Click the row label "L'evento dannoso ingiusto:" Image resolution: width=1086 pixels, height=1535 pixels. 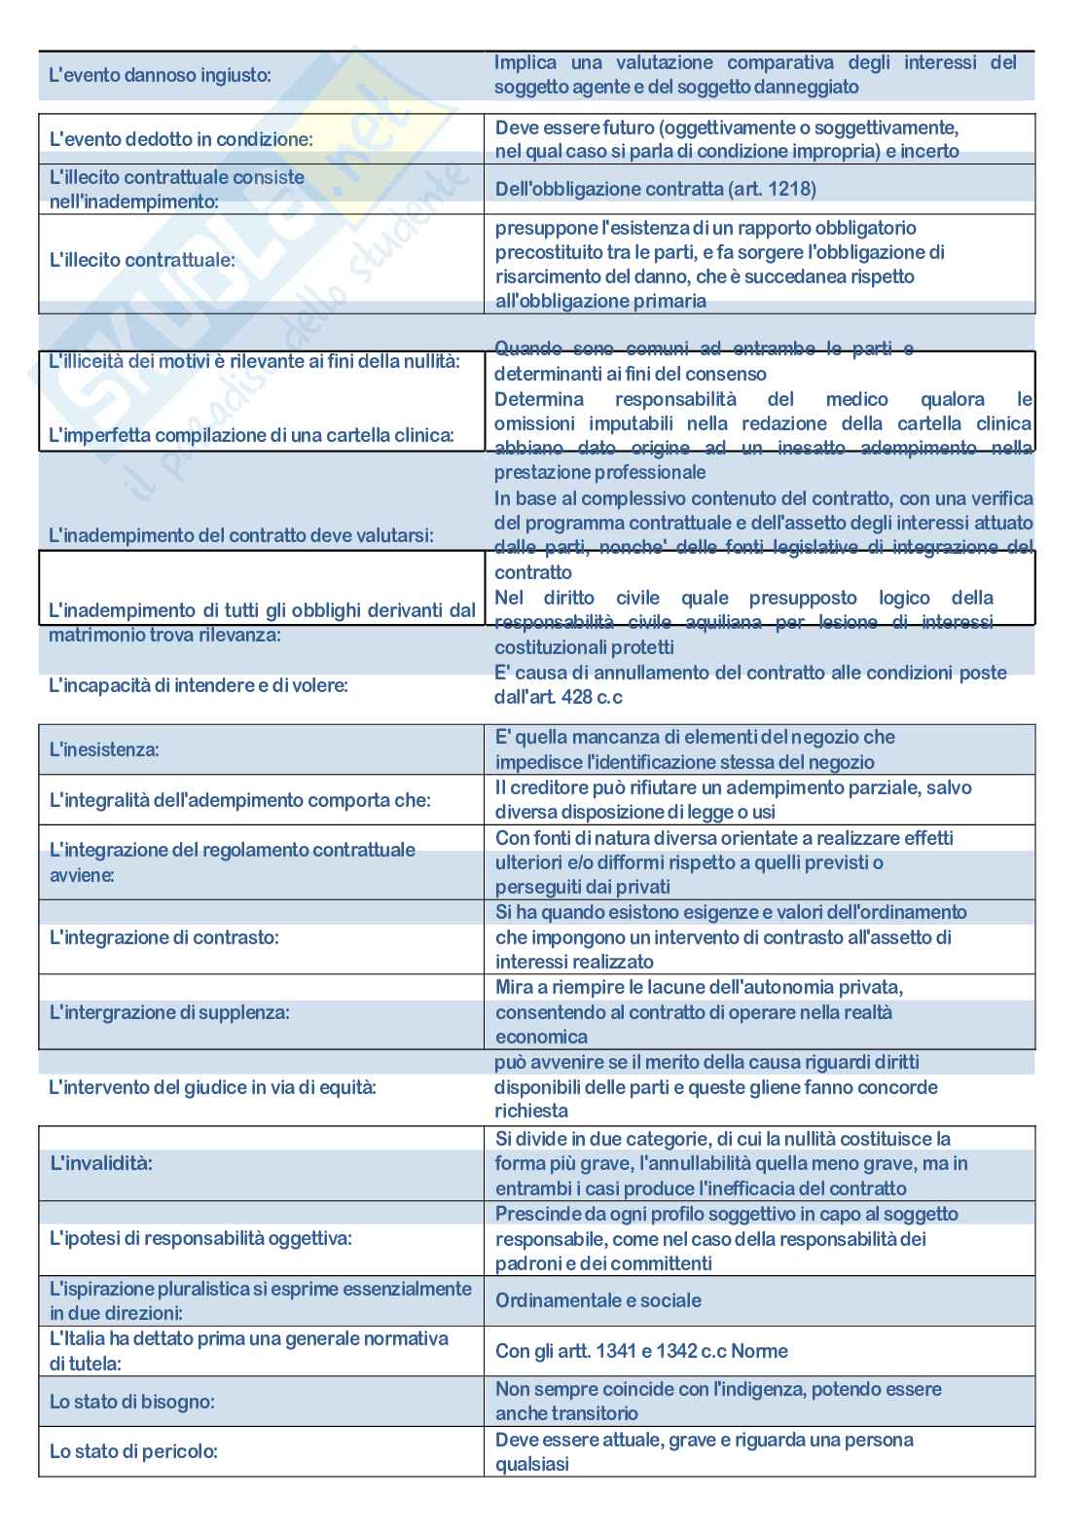[x=160, y=75]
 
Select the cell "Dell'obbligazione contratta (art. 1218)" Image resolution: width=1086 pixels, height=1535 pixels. [x=655, y=189]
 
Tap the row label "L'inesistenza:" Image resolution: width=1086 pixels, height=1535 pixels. [x=104, y=749]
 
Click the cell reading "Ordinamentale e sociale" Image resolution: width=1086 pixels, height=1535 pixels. [x=597, y=1300]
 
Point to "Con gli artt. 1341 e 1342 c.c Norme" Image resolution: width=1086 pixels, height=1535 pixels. [x=641, y=1351]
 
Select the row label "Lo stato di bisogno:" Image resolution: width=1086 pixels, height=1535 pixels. [x=131, y=1402]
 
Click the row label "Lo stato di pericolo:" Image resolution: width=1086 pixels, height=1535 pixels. [x=133, y=1451]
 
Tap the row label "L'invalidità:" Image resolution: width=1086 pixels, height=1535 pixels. [x=101, y=1163]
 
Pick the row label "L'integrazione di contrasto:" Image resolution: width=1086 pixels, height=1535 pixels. [x=163, y=937]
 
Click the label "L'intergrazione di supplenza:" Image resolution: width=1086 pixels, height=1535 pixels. [x=169, y=1012]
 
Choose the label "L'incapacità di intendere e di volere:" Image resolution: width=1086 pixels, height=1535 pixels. [x=199, y=685]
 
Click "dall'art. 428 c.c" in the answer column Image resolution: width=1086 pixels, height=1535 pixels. [x=558, y=697]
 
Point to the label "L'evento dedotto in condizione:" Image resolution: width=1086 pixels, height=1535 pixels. [x=181, y=139]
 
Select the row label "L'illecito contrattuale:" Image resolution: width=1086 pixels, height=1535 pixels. [x=142, y=260]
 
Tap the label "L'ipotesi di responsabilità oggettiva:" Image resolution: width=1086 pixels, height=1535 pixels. [x=200, y=1238]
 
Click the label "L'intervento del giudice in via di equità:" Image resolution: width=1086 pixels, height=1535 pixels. [x=212, y=1087]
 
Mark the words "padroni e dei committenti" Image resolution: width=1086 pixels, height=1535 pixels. [x=603, y=1263]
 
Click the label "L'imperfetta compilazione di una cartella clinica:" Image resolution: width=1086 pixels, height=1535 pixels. [x=251, y=435]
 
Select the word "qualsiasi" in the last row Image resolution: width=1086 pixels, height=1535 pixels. [x=531, y=1464]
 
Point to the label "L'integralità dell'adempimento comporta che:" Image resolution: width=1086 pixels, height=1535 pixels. [x=239, y=800]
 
